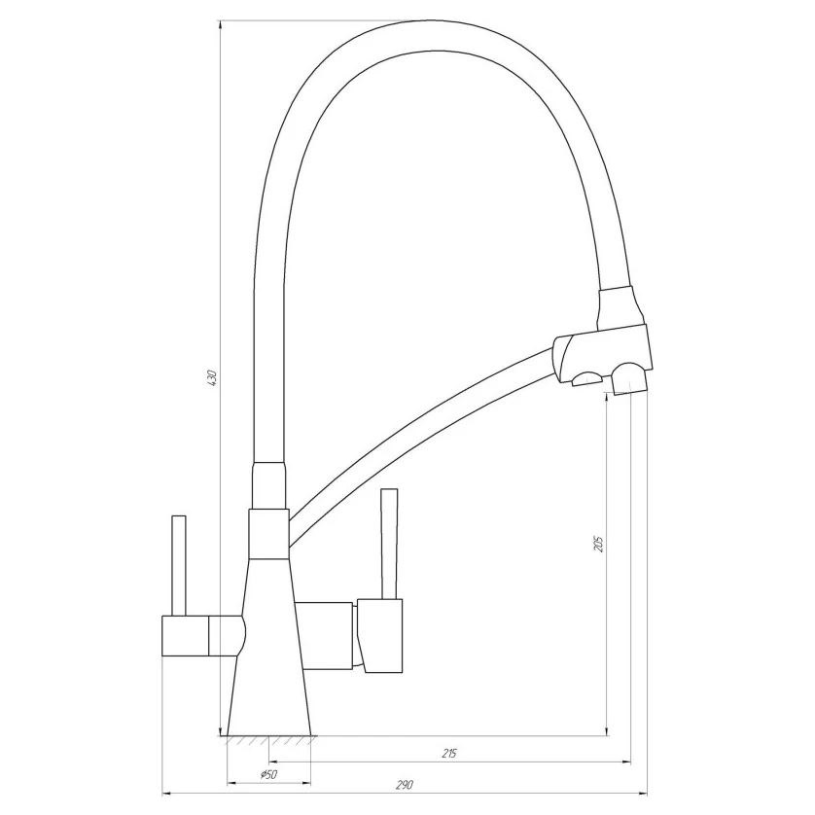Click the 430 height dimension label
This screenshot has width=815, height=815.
click(x=211, y=377)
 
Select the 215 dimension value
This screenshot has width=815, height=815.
click(x=449, y=753)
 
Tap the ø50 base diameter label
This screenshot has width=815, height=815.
click(x=268, y=774)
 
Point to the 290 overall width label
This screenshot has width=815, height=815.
click(x=405, y=784)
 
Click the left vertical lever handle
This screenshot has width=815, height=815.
click(x=179, y=565)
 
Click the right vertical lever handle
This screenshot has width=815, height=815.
click(x=389, y=544)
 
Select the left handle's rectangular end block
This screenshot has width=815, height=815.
click(x=186, y=636)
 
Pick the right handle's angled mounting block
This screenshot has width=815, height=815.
click(x=380, y=636)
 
